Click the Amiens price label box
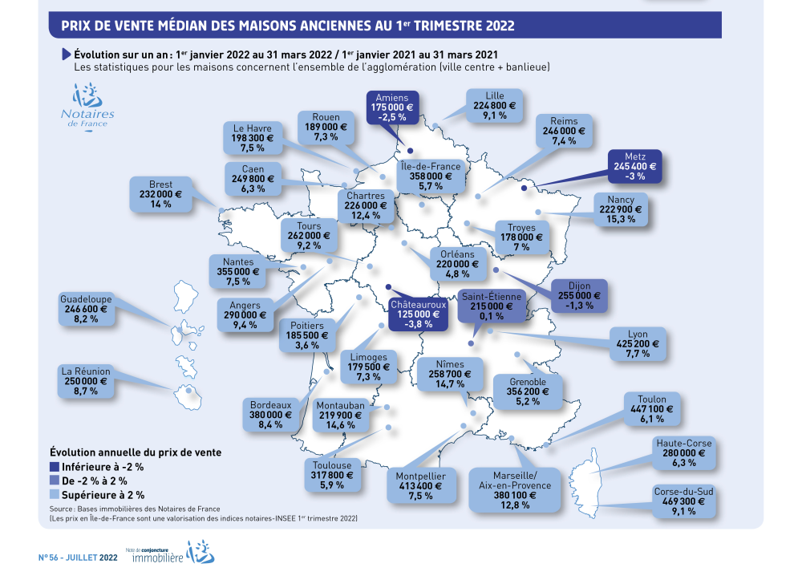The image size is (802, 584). click(x=392, y=107)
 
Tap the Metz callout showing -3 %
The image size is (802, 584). click(x=634, y=167)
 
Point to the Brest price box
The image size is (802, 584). click(x=160, y=195)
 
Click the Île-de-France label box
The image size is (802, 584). click(x=431, y=176)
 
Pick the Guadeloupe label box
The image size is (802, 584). click(x=86, y=309)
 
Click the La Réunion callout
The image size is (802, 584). click(x=86, y=381)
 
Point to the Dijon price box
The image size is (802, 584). click(x=579, y=295)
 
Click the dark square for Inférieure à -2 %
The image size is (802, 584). click(x=55, y=466)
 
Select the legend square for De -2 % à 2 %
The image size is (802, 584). click(x=55, y=481)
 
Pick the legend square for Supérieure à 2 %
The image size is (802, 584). click(x=55, y=495)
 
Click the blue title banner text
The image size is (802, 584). click(x=288, y=25)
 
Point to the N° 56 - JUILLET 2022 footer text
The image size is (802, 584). click(x=77, y=556)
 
